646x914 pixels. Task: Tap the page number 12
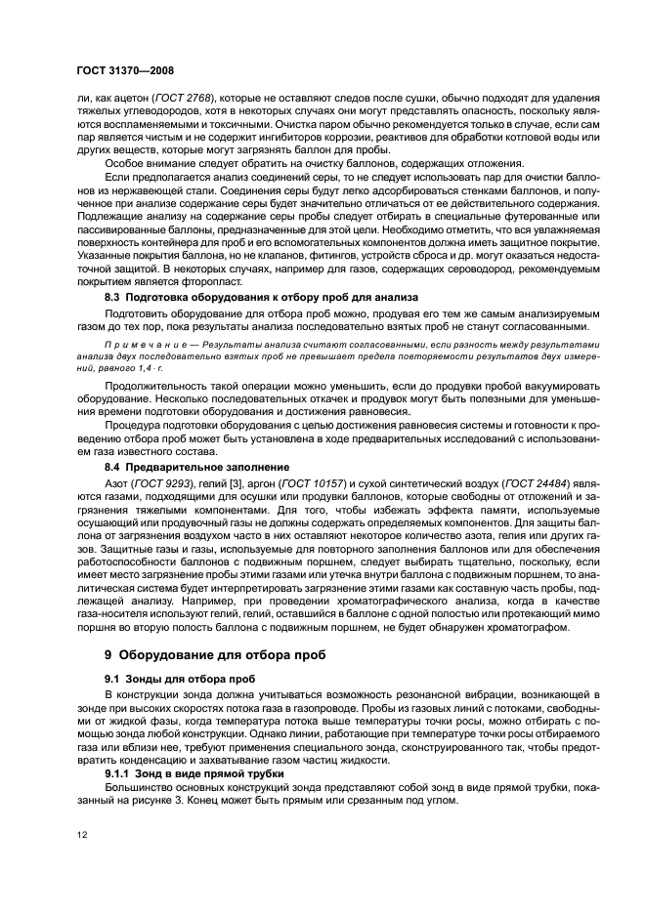click(81, 834)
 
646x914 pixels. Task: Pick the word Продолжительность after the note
click(155, 387)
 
